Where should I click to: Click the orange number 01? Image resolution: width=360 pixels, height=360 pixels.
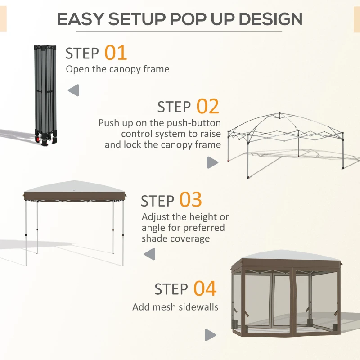[x=116, y=53]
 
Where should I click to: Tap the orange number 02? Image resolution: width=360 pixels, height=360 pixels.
[x=207, y=107]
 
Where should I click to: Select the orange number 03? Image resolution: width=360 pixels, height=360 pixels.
[x=191, y=200]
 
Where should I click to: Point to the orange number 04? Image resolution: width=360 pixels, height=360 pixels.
[x=205, y=289]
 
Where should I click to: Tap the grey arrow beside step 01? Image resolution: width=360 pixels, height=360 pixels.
[x=74, y=90]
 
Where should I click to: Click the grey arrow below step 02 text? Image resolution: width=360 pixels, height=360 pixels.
[x=212, y=162]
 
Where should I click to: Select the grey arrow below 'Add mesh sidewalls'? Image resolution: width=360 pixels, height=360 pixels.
[x=210, y=335]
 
